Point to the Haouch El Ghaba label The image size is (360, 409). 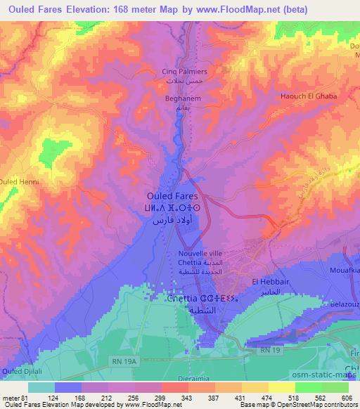pos(309,96)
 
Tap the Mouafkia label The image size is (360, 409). pos(342,269)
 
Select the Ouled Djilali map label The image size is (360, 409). pos(22,370)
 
